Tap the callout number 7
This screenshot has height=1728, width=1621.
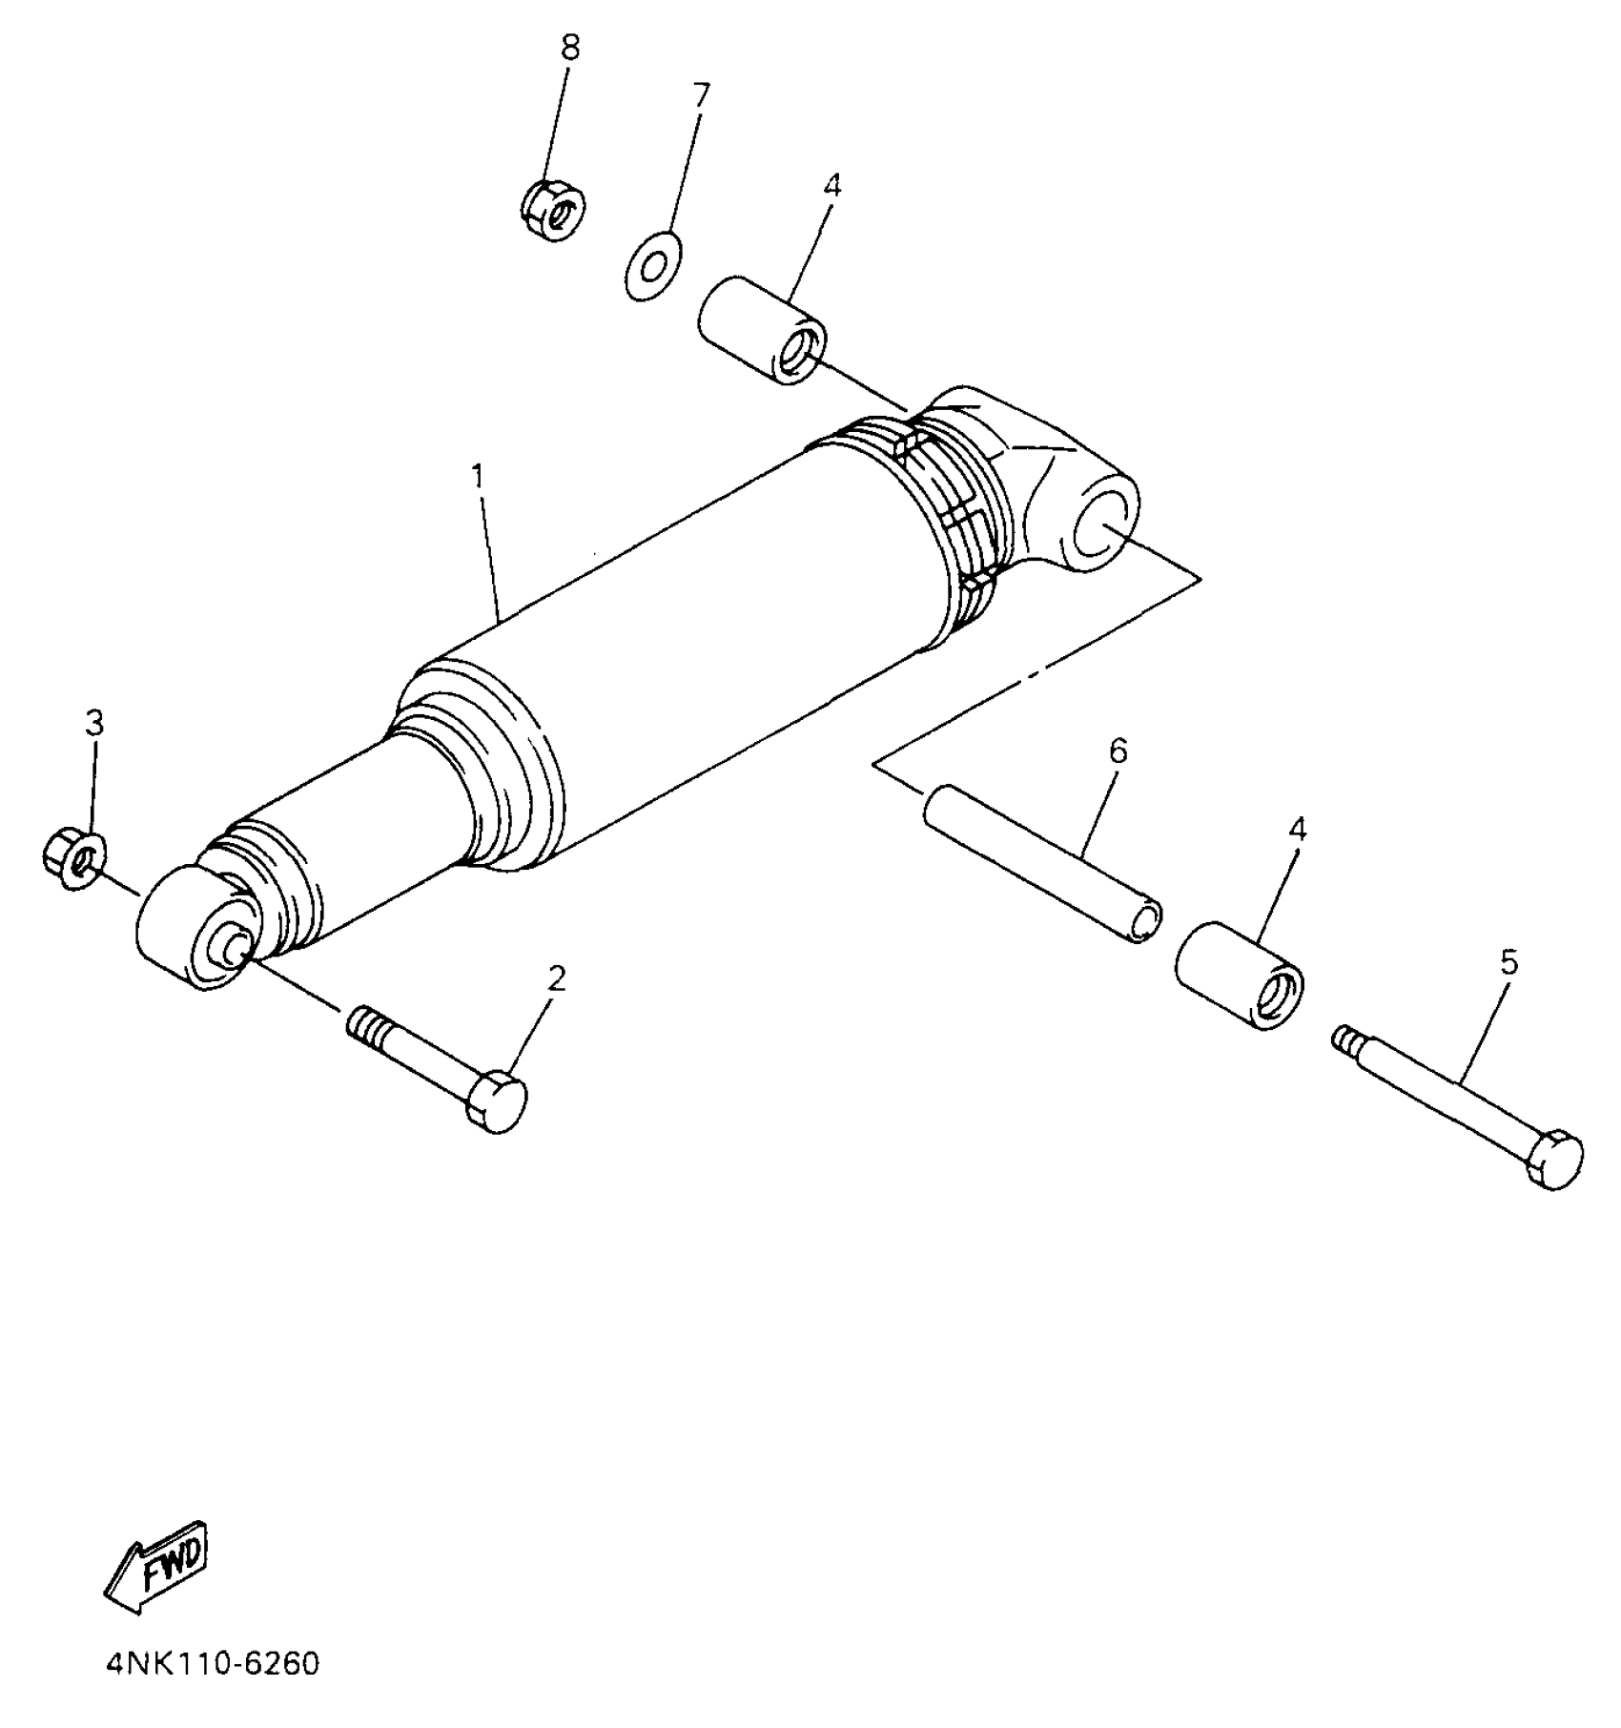point(701,95)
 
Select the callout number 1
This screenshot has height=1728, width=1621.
point(477,474)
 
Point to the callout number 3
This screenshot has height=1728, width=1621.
point(93,723)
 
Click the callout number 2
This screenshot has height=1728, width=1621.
point(557,977)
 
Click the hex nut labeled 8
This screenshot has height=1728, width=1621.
point(554,209)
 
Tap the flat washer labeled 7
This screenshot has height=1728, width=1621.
point(653,266)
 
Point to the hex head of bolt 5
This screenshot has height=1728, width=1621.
point(1553,1160)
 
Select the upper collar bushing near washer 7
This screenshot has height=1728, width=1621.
point(762,329)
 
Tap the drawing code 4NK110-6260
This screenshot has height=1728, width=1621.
point(212,1691)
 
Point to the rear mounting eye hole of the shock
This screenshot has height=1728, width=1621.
point(1104,535)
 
